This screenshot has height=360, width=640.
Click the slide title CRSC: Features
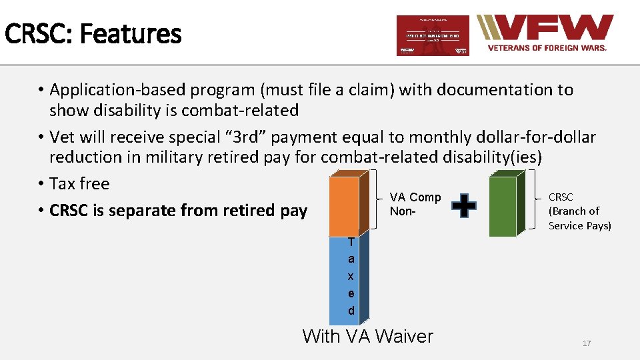(x=93, y=33)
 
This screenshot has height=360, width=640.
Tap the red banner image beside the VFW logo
(x=433, y=35)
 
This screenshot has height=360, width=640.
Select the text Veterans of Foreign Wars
(x=547, y=48)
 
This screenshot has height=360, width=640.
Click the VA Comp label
(x=415, y=197)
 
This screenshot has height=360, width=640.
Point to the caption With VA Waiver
(x=367, y=336)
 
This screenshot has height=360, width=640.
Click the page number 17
(x=587, y=343)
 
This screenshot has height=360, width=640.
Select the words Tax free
(x=79, y=183)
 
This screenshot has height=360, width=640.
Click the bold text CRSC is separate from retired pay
(x=178, y=211)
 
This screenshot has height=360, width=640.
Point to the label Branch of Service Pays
(x=579, y=218)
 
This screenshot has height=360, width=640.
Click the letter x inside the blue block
(x=351, y=276)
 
